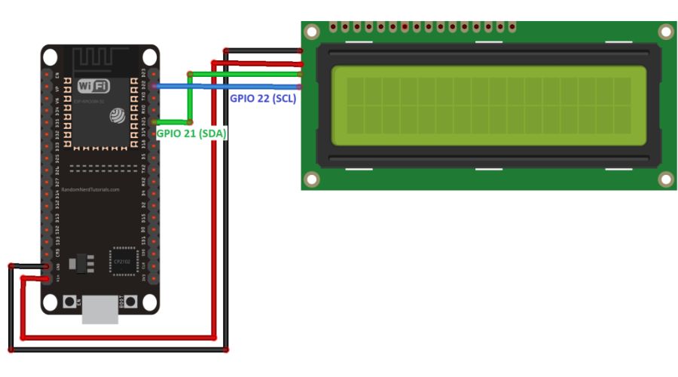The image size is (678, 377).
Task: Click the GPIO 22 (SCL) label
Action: [263, 99]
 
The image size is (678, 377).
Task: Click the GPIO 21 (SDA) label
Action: [192, 133]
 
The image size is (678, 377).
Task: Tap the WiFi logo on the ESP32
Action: [94, 86]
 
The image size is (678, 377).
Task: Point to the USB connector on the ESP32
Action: [100, 309]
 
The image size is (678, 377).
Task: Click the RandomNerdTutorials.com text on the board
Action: [90, 190]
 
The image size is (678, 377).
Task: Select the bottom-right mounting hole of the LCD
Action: [665, 179]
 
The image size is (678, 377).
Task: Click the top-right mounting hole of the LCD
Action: [665, 32]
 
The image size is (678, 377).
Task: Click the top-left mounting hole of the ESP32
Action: [50, 57]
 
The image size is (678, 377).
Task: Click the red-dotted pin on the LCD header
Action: [405, 27]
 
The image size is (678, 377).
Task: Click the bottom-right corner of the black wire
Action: [226, 350]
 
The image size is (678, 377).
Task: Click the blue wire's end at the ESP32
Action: [154, 87]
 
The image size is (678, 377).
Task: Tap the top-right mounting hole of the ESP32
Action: [148, 57]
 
